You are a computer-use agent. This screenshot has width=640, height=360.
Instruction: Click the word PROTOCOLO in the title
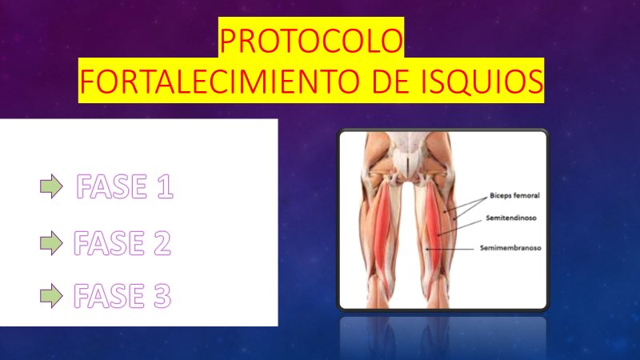(311, 42)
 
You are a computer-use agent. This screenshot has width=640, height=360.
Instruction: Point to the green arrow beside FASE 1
(51, 187)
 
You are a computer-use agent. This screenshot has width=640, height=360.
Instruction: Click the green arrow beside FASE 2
(51, 242)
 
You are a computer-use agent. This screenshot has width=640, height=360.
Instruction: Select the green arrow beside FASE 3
(51, 297)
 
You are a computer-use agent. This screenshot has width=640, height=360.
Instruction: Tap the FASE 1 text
(124, 187)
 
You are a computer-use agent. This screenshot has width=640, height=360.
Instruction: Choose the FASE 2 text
(122, 242)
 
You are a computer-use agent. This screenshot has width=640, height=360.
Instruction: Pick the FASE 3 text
(122, 297)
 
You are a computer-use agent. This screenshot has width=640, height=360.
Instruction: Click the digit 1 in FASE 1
(163, 187)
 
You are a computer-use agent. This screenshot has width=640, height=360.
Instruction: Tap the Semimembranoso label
(510, 248)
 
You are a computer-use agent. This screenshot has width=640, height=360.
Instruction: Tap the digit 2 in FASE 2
(161, 242)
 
